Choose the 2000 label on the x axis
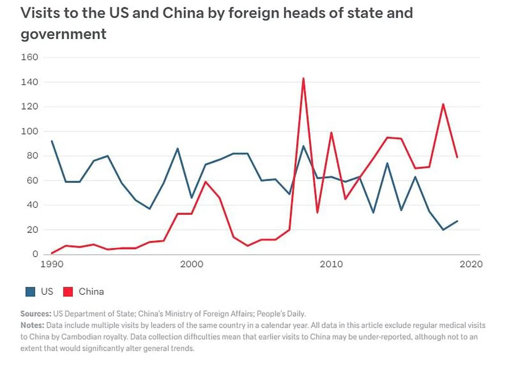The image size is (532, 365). (192, 264)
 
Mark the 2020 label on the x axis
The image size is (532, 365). (471, 264)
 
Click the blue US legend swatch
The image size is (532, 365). (30, 292)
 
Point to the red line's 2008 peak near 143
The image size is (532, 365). (303, 78)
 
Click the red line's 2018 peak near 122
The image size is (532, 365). (443, 104)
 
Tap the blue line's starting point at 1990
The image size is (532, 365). (52, 141)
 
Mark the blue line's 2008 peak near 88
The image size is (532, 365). (303, 146)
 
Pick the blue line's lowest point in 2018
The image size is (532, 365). (443, 230)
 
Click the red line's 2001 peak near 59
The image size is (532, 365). (205, 182)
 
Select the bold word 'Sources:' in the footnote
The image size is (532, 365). (36, 313)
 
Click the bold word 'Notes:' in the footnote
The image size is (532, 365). (32, 325)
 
